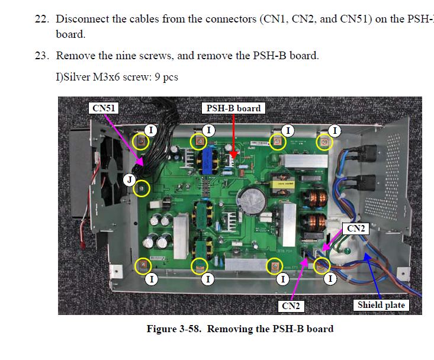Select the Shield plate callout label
[x=381, y=305]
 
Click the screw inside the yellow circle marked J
[x=142, y=189]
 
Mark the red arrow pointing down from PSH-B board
[x=233, y=136]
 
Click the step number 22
[x=41, y=19]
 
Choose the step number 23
[x=41, y=56]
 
